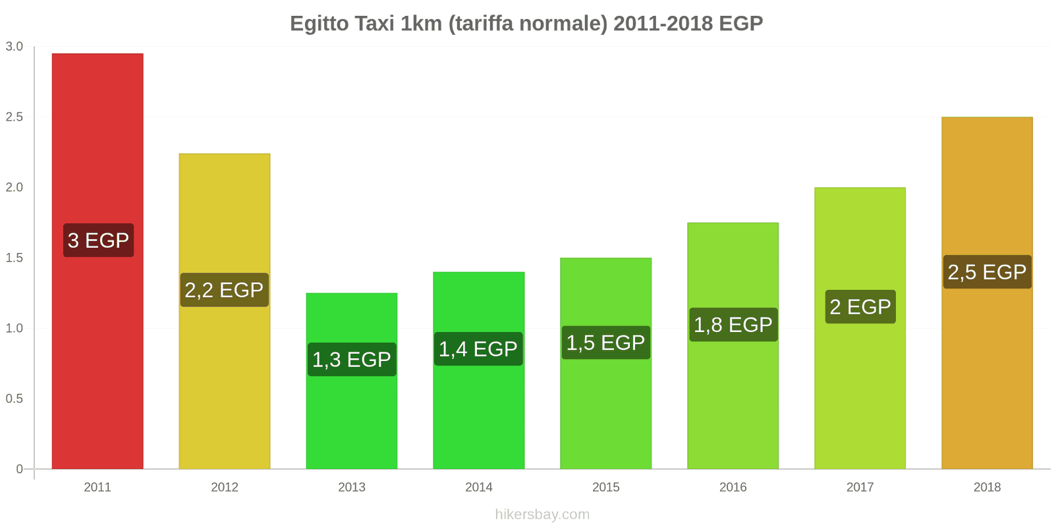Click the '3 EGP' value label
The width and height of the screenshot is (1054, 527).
pyautogui.click(x=98, y=240)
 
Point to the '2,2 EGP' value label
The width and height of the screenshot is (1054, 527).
pyautogui.click(x=224, y=290)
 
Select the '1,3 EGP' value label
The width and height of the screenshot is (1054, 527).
pyautogui.click(x=352, y=360)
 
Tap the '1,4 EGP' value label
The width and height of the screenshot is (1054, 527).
pyautogui.click(x=478, y=349)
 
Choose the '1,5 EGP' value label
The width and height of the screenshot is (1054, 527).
pyautogui.click(x=605, y=343)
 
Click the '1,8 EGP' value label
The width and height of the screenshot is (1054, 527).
pyautogui.click(x=733, y=325)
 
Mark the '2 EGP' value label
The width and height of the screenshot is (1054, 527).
pyautogui.click(x=860, y=307)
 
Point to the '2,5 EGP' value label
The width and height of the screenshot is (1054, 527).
pyautogui.click(x=987, y=272)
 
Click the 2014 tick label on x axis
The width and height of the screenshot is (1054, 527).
pyautogui.click(x=479, y=487)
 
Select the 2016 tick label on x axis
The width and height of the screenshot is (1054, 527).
pyautogui.click(x=733, y=487)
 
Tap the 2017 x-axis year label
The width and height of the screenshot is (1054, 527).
pyautogui.click(x=860, y=487)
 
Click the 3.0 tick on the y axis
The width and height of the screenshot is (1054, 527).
pyautogui.click(x=14, y=47)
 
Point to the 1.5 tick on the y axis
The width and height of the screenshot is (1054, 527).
pyautogui.click(x=14, y=258)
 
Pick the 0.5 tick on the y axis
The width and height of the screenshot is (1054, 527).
pyautogui.click(x=14, y=399)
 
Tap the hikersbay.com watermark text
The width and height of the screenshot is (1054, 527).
pyautogui.click(x=542, y=514)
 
